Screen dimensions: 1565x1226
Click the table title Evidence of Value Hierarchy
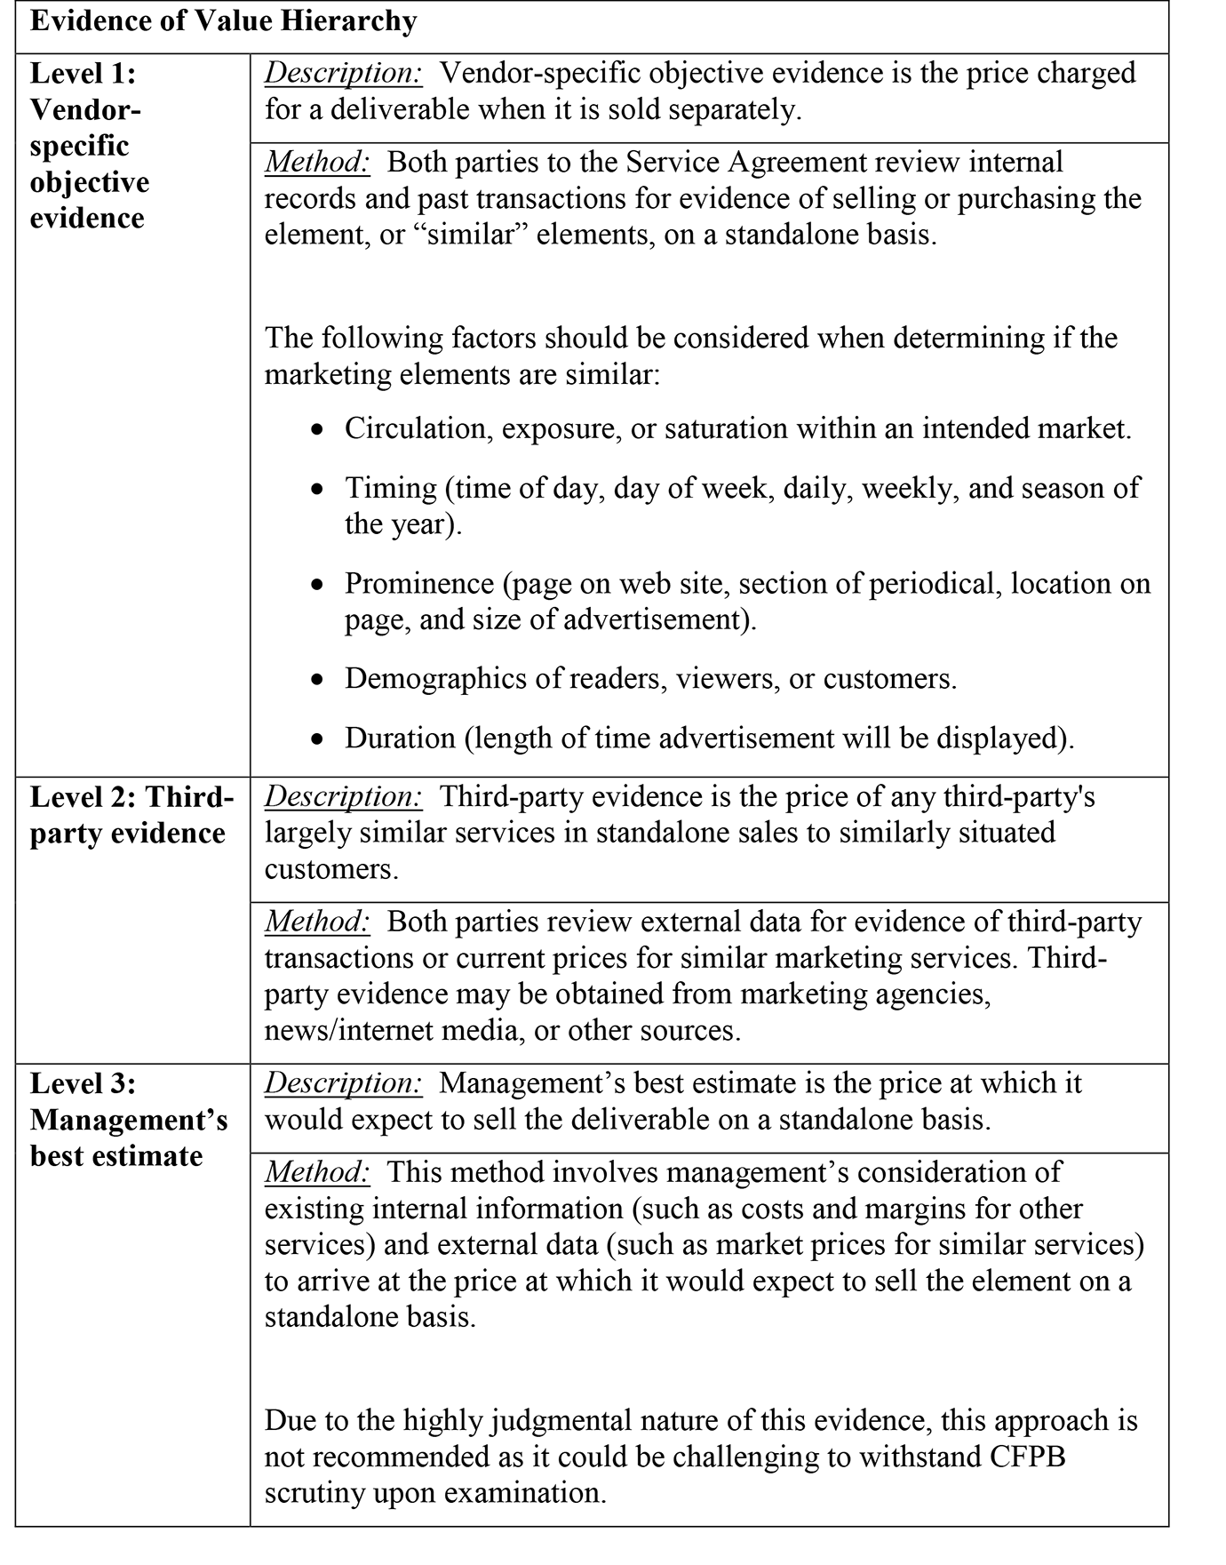coord(223,21)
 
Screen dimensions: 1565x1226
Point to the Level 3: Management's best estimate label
coord(129,1120)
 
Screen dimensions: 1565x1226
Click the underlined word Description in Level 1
coord(343,73)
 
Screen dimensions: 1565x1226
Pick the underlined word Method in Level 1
coord(317,162)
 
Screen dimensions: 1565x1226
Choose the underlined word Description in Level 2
coord(343,796)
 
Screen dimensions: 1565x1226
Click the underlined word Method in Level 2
coord(317,922)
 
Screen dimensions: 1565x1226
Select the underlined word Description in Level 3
coord(343,1083)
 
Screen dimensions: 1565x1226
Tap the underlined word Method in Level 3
coord(317,1172)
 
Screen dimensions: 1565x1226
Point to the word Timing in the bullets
coord(391,488)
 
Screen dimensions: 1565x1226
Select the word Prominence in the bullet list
coord(419,583)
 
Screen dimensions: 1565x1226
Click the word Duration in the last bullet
coord(400,739)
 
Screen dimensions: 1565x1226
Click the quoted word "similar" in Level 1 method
coord(471,235)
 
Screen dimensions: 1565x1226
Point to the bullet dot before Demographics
coord(318,681)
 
